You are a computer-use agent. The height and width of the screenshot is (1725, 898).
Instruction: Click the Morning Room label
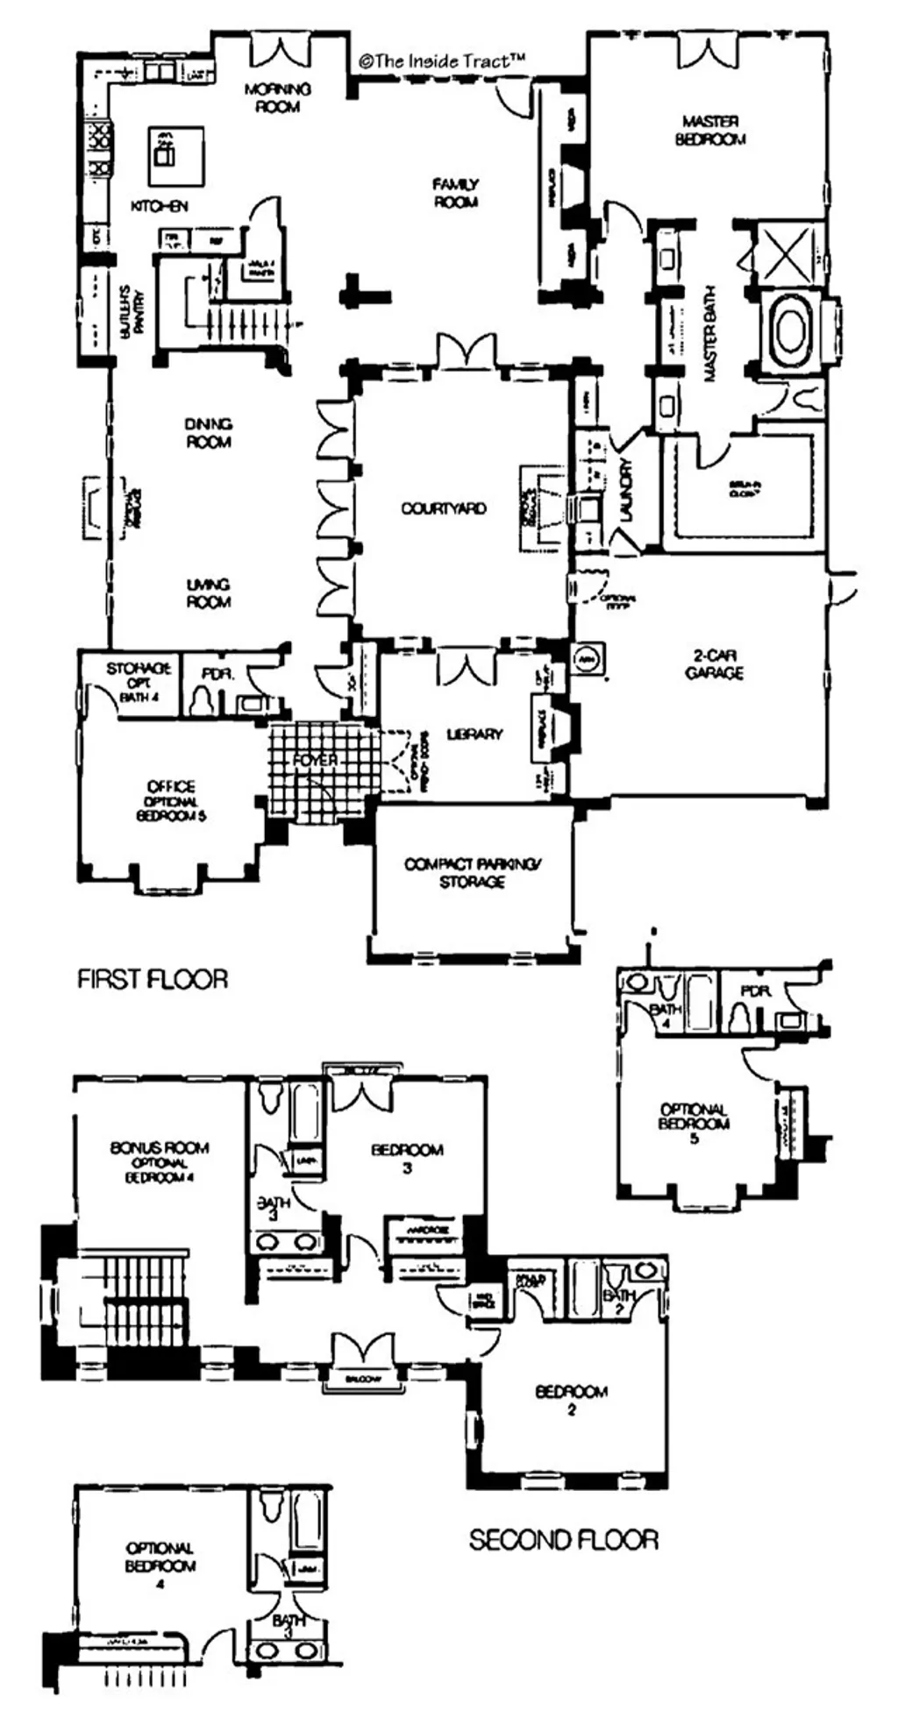277,97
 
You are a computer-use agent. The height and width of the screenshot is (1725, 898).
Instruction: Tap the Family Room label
455,193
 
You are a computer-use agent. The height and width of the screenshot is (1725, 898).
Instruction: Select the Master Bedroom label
710,130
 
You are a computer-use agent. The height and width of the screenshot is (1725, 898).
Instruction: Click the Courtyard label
443,508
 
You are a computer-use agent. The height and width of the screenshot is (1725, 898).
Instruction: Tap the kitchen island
175,156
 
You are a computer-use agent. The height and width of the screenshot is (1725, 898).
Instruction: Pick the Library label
474,734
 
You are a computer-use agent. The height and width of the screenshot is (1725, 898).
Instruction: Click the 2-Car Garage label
714,664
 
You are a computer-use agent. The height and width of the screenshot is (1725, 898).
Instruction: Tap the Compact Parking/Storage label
472,873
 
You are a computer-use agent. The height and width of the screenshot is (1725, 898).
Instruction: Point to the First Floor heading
153,978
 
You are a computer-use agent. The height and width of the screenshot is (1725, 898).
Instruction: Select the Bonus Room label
160,1160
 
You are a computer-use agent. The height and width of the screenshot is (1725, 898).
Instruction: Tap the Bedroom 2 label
571,1400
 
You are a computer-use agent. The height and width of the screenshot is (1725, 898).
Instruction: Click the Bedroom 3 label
407,1157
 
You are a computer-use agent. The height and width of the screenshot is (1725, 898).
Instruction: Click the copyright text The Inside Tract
442,60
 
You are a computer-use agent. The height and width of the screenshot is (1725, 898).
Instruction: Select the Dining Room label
209,433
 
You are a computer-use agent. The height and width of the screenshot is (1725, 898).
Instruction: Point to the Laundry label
626,490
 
